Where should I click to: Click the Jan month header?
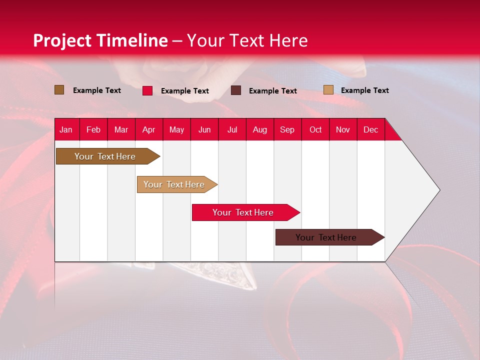tap(66, 129)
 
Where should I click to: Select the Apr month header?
tap(149, 129)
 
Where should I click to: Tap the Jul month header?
tap(232, 129)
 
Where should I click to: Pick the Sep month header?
tap(287, 129)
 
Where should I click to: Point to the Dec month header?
tap(370, 129)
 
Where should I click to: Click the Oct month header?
tap(315, 129)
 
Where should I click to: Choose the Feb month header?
tap(93, 129)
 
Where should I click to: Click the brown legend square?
tap(59, 90)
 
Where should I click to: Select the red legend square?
tap(147, 90)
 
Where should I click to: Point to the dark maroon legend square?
tap(236, 90)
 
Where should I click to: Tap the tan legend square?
tap(328, 90)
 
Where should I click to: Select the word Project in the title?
tap(62, 40)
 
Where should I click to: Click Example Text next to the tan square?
tap(364, 90)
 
